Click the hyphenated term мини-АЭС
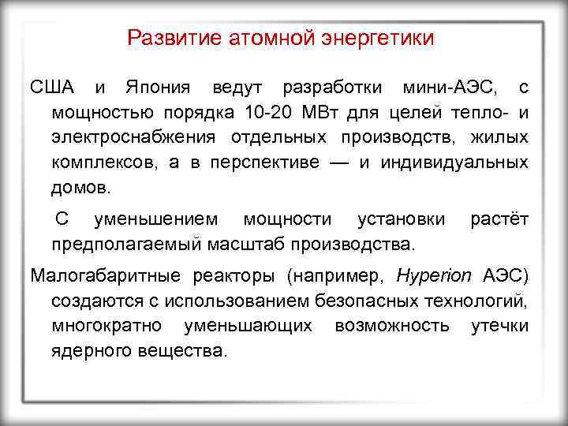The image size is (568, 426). point(446,86)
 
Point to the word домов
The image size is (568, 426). point(82,189)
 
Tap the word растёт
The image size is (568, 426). point(499,219)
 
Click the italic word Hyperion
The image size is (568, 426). point(433,276)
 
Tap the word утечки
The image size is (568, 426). point(499,326)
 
